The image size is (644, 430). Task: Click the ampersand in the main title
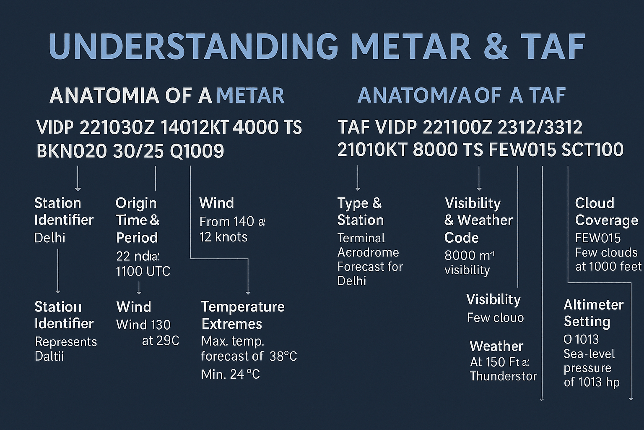pos(496,46)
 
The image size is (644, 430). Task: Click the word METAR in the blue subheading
pos(250,96)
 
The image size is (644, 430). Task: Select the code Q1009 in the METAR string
pos(197,151)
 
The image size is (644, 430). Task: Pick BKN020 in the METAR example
pos(71,151)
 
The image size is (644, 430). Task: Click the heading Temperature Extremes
pos(243,315)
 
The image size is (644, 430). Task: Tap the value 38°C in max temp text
pos(283,357)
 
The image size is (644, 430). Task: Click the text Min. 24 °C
pos(230,374)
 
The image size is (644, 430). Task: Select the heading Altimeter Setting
pos(593,313)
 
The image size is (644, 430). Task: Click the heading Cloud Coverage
pos(606,212)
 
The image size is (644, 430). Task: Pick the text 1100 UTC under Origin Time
pos(143,271)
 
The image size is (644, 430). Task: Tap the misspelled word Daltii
pos(49,356)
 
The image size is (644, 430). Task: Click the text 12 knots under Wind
pos(223,237)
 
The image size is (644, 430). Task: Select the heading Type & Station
pos(360,212)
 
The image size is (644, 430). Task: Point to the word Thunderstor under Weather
pos(503,376)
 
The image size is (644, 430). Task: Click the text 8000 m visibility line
pos(469,256)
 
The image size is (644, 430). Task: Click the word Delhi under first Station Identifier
pos(49,238)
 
